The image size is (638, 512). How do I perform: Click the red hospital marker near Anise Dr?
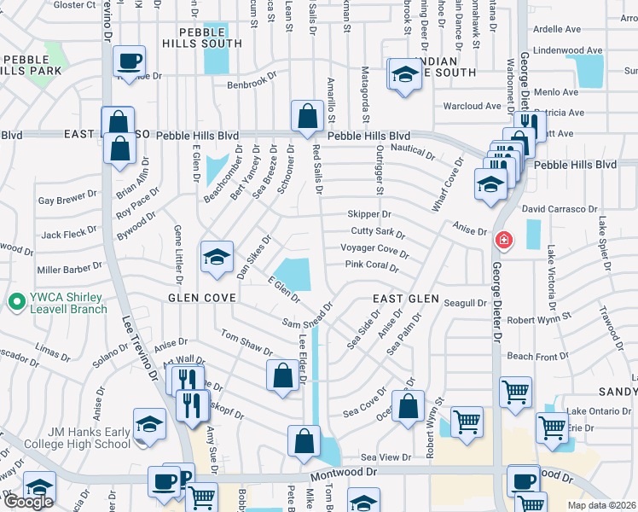click(504, 241)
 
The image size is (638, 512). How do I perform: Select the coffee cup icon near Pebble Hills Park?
click(129, 61)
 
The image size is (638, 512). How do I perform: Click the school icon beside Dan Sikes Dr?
click(217, 257)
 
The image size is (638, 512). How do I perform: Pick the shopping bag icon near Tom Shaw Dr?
click(282, 375)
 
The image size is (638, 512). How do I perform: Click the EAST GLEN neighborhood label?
click(406, 300)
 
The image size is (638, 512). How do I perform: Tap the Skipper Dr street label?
click(368, 214)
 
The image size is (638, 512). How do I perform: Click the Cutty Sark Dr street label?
click(378, 232)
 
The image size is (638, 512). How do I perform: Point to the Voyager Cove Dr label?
click(374, 250)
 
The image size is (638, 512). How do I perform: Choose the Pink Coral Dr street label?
click(372, 266)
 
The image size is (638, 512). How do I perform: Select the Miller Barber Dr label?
click(72, 269)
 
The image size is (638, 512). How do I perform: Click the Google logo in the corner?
click(28, 502)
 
